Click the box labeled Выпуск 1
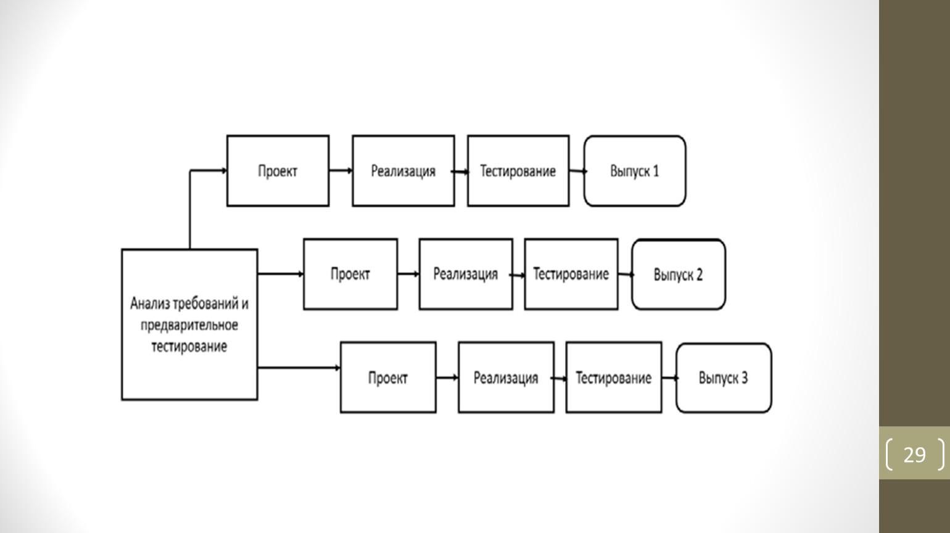point(634,171)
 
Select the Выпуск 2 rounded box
point(679,275)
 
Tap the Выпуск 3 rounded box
point(724,378)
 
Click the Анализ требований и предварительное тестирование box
point(189,324)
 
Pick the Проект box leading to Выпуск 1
point(278,171)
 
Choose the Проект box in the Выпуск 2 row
point(350,274)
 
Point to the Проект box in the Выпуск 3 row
point(388,378)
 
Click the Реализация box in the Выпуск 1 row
point(403,171)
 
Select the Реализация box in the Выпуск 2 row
point(466,274)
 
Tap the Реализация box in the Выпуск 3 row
point(506,378)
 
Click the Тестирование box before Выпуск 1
point(518,171)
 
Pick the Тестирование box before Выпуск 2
point(571,274)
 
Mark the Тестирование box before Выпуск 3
point(614,378)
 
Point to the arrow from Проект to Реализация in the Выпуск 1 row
point(341,171)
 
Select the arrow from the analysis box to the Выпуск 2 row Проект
point(280,274)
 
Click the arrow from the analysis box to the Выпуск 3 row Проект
point(299,368)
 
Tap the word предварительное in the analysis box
point(189,325)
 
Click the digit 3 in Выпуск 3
point(744,378)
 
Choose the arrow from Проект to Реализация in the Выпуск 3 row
point(447,378)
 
